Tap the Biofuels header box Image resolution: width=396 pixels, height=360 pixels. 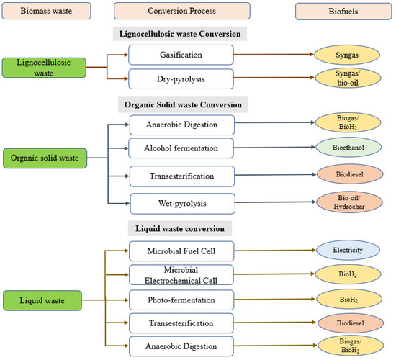[x=337, y=12]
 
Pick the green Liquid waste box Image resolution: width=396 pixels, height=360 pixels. [x=45, y=297]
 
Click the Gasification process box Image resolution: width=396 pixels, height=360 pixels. [x=181, y=55]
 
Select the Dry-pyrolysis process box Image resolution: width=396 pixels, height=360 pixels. [x=181, y=78]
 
